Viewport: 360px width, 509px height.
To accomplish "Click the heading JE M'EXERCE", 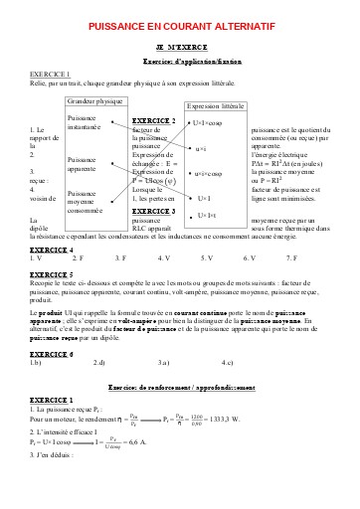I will click(x=179, y=48).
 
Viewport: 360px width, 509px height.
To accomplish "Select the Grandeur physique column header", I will click(x=95, y=101).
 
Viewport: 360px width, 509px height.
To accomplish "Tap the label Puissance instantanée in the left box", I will click(x=85, y=123).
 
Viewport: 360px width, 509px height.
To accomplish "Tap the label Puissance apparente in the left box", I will click(x=83, y=165).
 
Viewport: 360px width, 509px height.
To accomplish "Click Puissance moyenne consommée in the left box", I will click(x=85, y=202).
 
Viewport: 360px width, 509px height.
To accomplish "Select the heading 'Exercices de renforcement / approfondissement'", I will click(x=179, y=386).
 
